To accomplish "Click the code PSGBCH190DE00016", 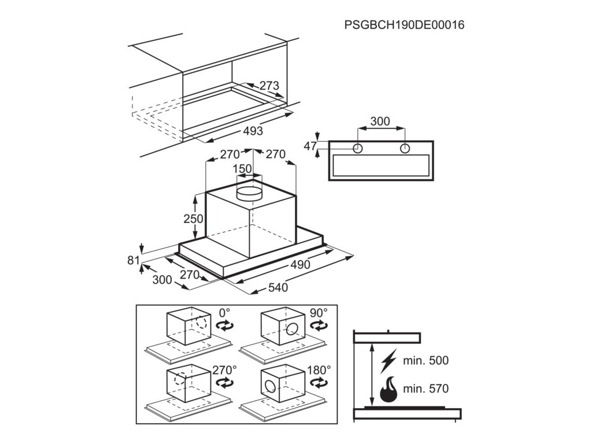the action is [x=404, y=25].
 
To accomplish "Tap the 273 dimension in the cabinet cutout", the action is [x=269, y=86].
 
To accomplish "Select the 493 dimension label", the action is [x=253, y=131].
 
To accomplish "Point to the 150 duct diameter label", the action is [x=242, y=169].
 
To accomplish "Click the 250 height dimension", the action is [x=194, y=219].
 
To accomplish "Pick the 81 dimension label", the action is [x=134, y=260].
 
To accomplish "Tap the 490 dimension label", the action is [x=300, y=265].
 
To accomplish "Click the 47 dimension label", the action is [x=310, y=146].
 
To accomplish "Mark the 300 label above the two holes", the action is [x=380, y=121].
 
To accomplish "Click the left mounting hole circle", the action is [x=358, y=149].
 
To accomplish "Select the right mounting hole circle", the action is [x=404, y=149].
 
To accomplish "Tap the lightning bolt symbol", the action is [x=389, y=361].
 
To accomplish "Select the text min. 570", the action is [x=426, y=388].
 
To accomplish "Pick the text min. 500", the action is [x=426, y=361].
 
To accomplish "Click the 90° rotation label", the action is [x=318, y=312].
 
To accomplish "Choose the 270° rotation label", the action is [x=224, y=369].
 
